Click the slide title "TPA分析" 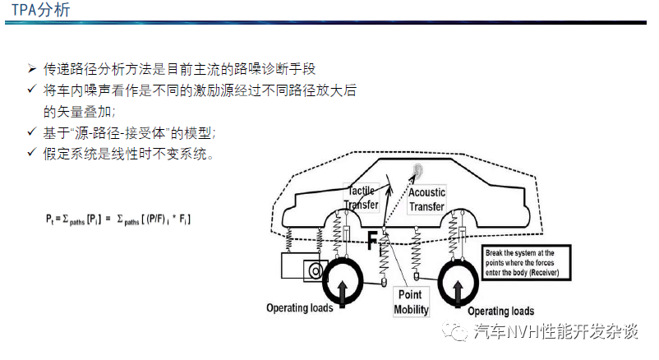pyautogui.click(x=41, y=10)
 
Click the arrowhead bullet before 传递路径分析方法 pyautogui.click(x=32, y=68)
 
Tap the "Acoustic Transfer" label pyautogui.click(x=426, y=200)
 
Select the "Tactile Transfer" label pyautogui.click(x=361, y=197)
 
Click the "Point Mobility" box pyautogui.click(x=411, y=302)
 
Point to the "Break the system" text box pyautogui.click(x=526, y=263)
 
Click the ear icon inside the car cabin pyautogui.click(x=417, y=171)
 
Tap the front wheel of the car pyautogui.click(x=342, y=280)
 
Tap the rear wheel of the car pyautogui.click(x=459, y=280)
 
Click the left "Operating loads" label pyautogui.click(x=300, y=308)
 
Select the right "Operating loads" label pyautogui.click(x=501, y=312)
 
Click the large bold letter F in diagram pyautogui.click(x=372, y=241)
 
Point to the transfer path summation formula pyautogui.click(x=118, y=219)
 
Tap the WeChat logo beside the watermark pyautogui.click(x=454, y=330)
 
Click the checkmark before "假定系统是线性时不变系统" pyautogui.click(x=32, y=152)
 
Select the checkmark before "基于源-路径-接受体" pyautogui.click(x=32, y=132)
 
